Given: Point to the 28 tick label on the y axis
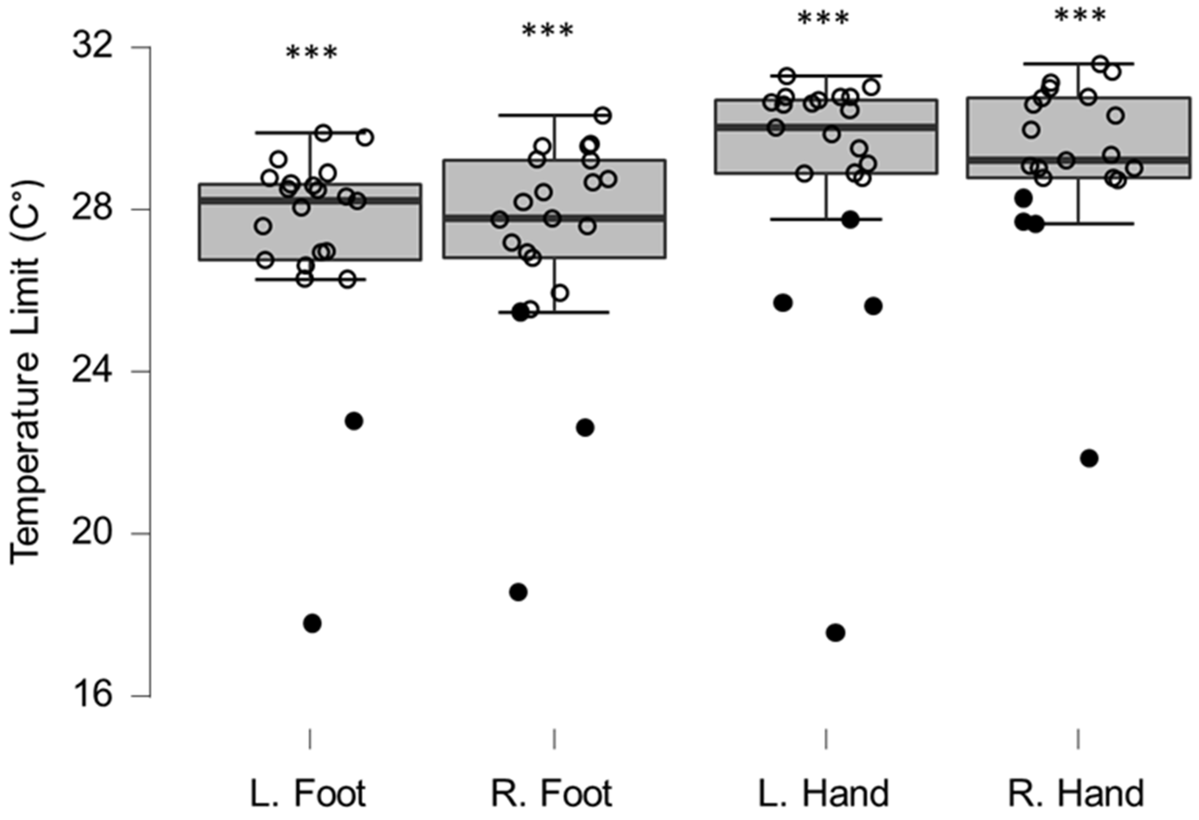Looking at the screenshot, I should point(92,209).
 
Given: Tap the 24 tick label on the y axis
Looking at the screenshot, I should point(92,371).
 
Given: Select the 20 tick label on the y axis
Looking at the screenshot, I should point(92,533).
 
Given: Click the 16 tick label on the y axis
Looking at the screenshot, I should point(92,695).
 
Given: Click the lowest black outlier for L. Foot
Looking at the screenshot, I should point(312,623).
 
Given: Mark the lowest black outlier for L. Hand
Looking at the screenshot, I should point(836,633).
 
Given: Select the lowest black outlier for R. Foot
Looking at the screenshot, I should point(518,592).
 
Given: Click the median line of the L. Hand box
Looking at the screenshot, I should point(826,127).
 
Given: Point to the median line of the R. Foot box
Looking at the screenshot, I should point(555,218).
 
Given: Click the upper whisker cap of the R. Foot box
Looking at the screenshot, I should point(555,115).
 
